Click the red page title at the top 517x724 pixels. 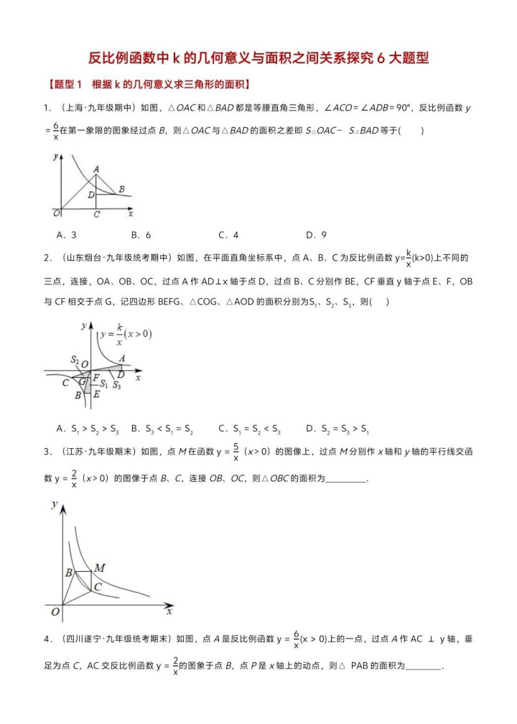[258, 57]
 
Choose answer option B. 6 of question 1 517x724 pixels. [141, 235]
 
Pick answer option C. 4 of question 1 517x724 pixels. [228, 235]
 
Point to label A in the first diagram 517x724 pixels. [96, 169]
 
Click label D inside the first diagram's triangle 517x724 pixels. [90, 194]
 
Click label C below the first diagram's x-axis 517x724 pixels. [96, 214]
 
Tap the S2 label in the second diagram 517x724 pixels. [75, 360]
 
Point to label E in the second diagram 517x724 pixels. [97, 394]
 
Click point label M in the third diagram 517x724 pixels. [100, 568]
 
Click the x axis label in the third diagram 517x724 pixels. [169, 612]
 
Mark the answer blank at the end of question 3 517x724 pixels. [345, 479]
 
